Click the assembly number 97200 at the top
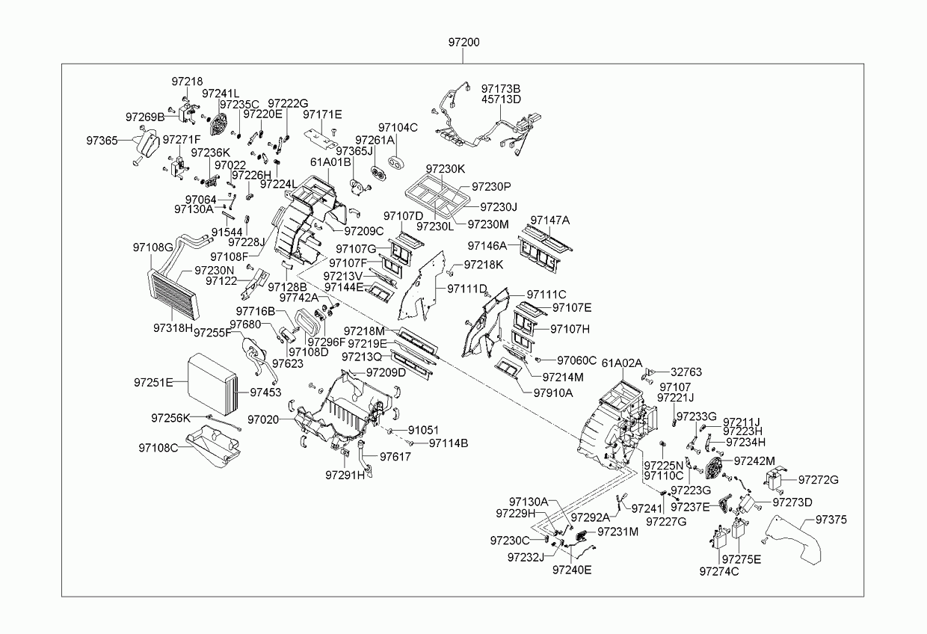tap(464, 42)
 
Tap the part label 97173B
tap(501, 88)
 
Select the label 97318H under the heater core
tap(173, 327)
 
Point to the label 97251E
tap(153, 382)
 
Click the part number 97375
tap(831, 520)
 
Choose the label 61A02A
tap(622, 363)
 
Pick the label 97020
tap(263, 419)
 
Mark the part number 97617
tap(395, 457)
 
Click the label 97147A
tap(550, 220)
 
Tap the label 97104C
tap(398, 127)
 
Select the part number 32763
tap(686, 372)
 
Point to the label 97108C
tap(158, 448)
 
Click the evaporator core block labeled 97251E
tap(213, 384)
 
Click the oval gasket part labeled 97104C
tap(396, 163)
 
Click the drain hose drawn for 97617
tap(365, 458)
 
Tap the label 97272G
tap(818, 480)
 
